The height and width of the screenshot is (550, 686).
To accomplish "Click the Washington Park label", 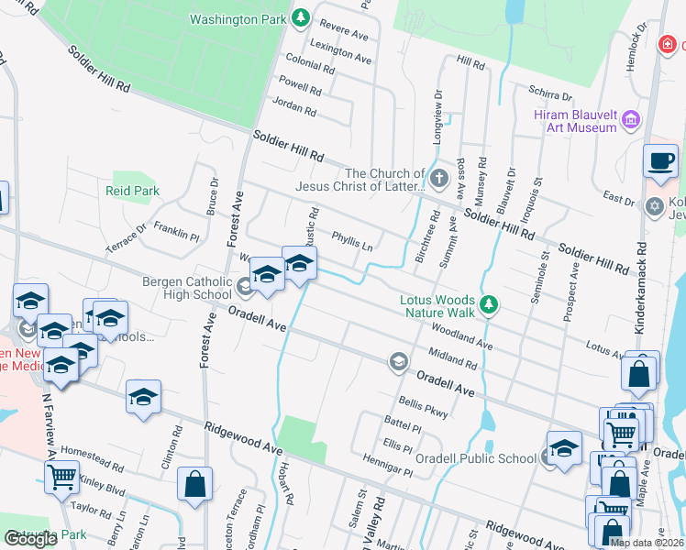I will coord(238,18).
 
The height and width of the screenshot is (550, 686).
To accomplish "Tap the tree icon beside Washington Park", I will coord(301,17).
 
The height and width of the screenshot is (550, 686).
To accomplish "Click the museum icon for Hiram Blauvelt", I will coord(630,119).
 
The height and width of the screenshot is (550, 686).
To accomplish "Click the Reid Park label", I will coord(132,191).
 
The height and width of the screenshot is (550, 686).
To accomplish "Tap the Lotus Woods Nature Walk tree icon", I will coord(490,304).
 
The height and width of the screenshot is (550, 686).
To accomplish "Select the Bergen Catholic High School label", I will coord(187,288).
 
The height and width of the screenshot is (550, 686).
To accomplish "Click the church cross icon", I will coord(438,177).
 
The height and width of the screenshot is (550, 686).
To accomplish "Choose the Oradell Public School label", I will coord(488,459).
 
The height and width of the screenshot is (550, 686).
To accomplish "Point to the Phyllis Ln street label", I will coord(352,240).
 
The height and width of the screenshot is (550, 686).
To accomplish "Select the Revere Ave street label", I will coord(345,32).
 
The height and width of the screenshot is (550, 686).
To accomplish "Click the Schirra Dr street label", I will coord(550,93).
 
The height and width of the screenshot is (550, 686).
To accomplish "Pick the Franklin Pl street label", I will coord(177,230).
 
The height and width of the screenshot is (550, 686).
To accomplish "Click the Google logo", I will coord(31,539).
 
